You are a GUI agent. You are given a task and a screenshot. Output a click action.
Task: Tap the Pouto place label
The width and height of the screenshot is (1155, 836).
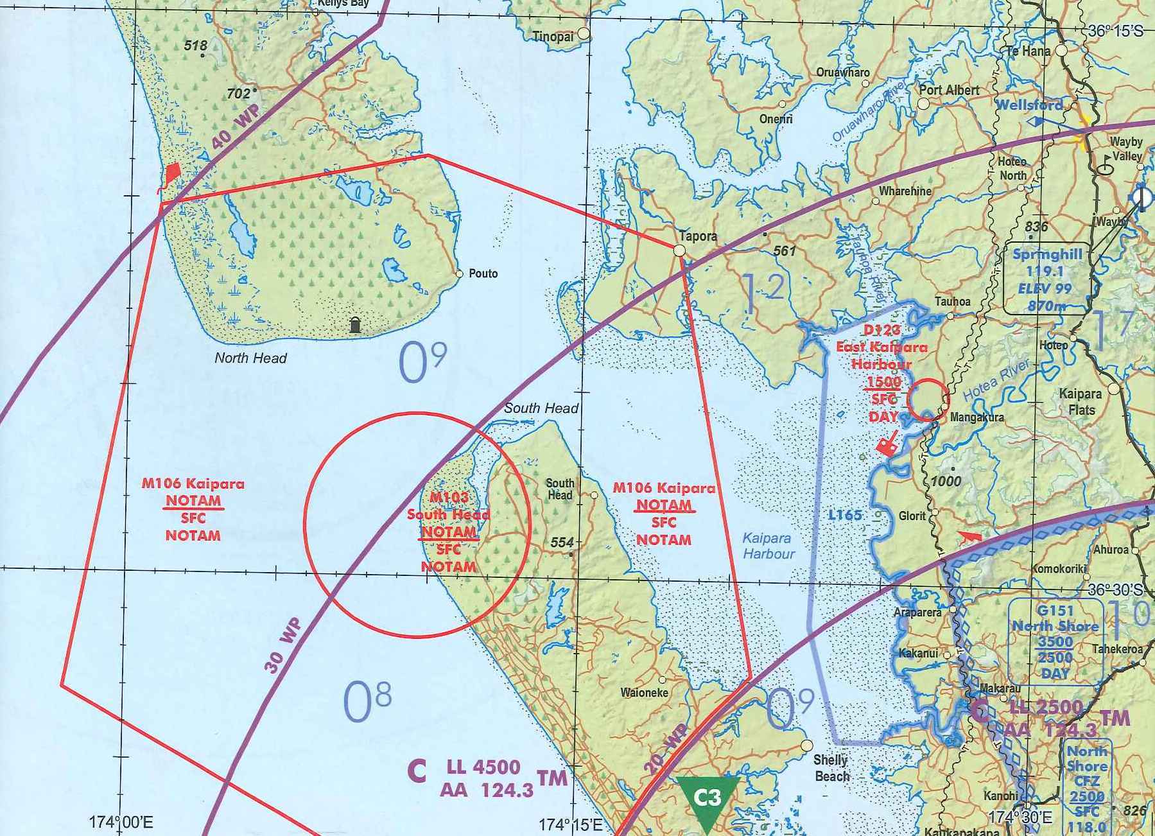tap(483, 274)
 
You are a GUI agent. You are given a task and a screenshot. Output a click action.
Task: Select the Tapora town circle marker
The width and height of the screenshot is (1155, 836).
tap(679, 250)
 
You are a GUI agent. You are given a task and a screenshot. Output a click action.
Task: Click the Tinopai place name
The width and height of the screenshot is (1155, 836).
tap(553, 37)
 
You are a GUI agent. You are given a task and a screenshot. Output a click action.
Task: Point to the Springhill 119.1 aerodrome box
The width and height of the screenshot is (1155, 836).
tap(1046, 280)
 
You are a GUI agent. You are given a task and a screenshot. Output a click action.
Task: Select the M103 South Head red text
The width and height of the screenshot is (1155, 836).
tap(448, 506)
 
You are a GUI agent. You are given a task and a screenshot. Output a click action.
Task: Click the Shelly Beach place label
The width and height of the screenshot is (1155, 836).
tap(831, 768)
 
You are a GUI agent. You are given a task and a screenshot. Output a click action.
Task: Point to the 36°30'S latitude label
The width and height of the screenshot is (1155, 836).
tap(1115, 589)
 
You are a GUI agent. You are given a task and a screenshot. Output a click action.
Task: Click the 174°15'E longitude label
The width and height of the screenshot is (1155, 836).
tap(570, 824)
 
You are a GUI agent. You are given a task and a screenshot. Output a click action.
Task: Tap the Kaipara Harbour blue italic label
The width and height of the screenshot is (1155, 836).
tap(768, 546)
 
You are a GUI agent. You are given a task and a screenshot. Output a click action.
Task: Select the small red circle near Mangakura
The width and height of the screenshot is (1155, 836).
tap(927, 399)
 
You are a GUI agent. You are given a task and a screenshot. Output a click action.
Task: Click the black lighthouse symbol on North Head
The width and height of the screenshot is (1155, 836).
tap(355, 324)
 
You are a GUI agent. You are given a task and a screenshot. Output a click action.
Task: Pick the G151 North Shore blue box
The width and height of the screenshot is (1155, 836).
tap(1055, 641)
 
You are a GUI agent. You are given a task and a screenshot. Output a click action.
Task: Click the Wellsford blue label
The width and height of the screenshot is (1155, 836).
tap(1029, 105)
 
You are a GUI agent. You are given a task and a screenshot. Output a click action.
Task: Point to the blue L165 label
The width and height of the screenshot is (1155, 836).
tap(844, 514)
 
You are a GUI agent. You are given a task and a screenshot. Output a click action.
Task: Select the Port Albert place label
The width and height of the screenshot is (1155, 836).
tap(949, 91)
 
